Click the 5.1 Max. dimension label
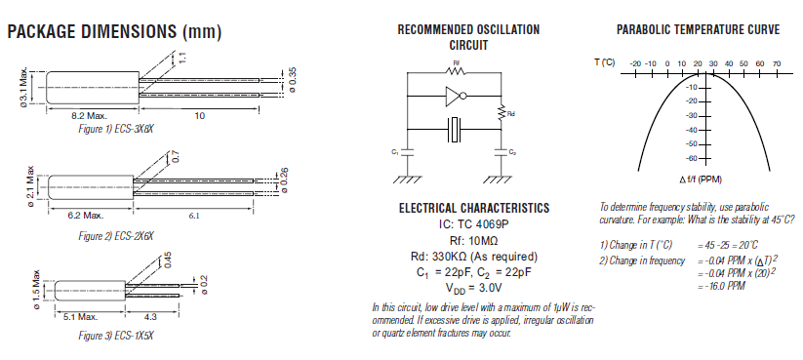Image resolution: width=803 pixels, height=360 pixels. (x=80, y=317)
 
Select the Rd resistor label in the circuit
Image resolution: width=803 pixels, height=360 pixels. (x=512, y=113)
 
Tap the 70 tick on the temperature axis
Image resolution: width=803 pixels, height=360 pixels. (x=777, y=63)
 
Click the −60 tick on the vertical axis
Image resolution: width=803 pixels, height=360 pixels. (x=692, y=157)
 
